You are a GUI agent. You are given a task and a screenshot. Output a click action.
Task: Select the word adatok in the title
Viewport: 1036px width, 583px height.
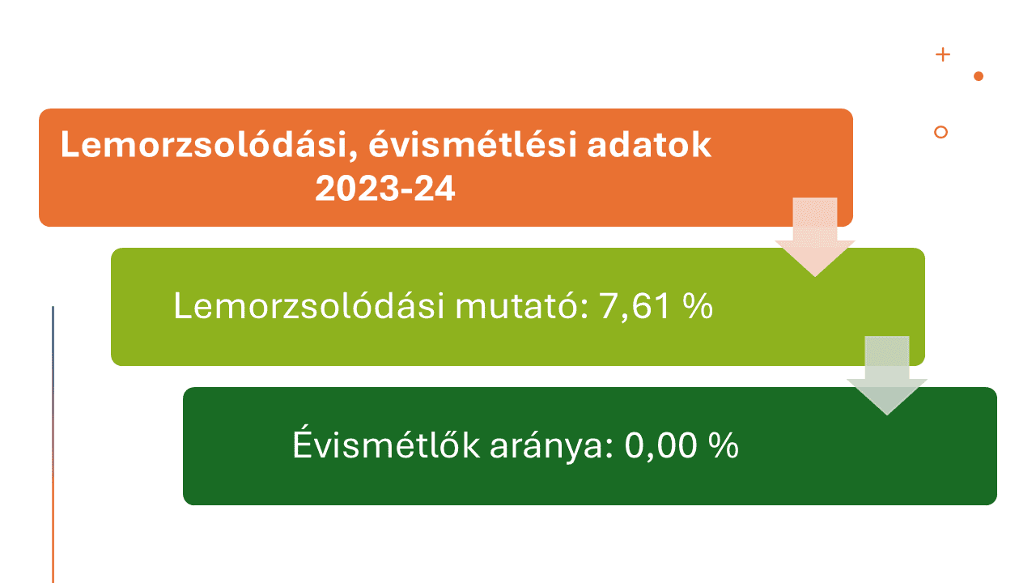click(649, 144)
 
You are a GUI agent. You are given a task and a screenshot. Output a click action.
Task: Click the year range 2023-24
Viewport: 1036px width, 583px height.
click(384, 189)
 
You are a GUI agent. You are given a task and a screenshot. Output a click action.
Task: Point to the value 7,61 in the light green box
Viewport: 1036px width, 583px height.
click(634, 306)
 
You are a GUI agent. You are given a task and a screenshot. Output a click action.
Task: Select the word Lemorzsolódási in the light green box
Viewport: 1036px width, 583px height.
click(309, 305)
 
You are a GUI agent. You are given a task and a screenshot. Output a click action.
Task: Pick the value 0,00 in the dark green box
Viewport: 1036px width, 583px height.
click(660, 446)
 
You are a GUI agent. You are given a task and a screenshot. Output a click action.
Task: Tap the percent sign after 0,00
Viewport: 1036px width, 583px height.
click(724, 445)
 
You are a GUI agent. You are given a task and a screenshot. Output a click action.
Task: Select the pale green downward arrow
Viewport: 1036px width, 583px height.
click(887, 375)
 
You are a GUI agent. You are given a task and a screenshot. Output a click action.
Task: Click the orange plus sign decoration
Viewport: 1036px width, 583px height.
click(943, 54)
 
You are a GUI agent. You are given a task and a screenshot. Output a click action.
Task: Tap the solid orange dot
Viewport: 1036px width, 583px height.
click(979, 76)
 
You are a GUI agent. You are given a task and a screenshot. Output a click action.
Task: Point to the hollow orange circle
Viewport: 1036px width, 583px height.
click(940, 126)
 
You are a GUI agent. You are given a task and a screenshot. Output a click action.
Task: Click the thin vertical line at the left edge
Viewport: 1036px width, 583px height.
click(53, 445)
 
